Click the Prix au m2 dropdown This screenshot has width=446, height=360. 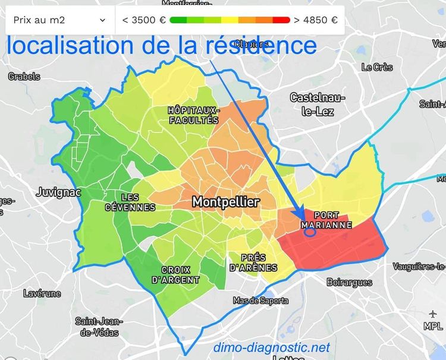59,20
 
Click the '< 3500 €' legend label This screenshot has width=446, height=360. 144,20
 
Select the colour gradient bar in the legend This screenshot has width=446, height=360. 230,20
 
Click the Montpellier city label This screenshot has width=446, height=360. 225,203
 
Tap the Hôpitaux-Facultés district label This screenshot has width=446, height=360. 193,115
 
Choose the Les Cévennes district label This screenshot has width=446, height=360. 130,202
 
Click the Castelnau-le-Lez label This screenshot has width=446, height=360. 312,104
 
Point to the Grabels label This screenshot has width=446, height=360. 24,76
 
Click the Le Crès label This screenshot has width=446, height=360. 376,67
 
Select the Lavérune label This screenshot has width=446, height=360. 42,293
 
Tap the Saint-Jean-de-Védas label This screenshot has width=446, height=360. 96,326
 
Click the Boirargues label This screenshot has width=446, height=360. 349,282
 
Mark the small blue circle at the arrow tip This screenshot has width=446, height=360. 309,232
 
